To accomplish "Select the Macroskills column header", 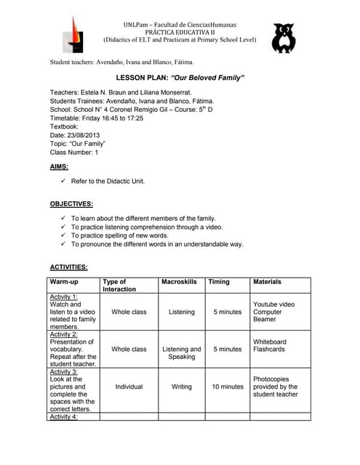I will (x=179, y=281).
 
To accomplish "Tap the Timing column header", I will (x=219, y=281).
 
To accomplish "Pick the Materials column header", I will (x=267, y=281).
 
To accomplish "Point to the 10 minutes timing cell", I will (x=228, y=387).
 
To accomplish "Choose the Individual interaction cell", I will (x=129, y=387).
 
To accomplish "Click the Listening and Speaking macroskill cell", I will (x=181, y=353).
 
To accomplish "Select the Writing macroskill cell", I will (x=181, y=387).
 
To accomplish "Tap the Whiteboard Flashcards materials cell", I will (x=269, y=345).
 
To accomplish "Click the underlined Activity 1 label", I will (x=64, y=296).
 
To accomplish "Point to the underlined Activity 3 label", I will (x=64, y=371).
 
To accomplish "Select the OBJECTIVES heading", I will (x=71, y=203).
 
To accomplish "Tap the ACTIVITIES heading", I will (x=68, y=267).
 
